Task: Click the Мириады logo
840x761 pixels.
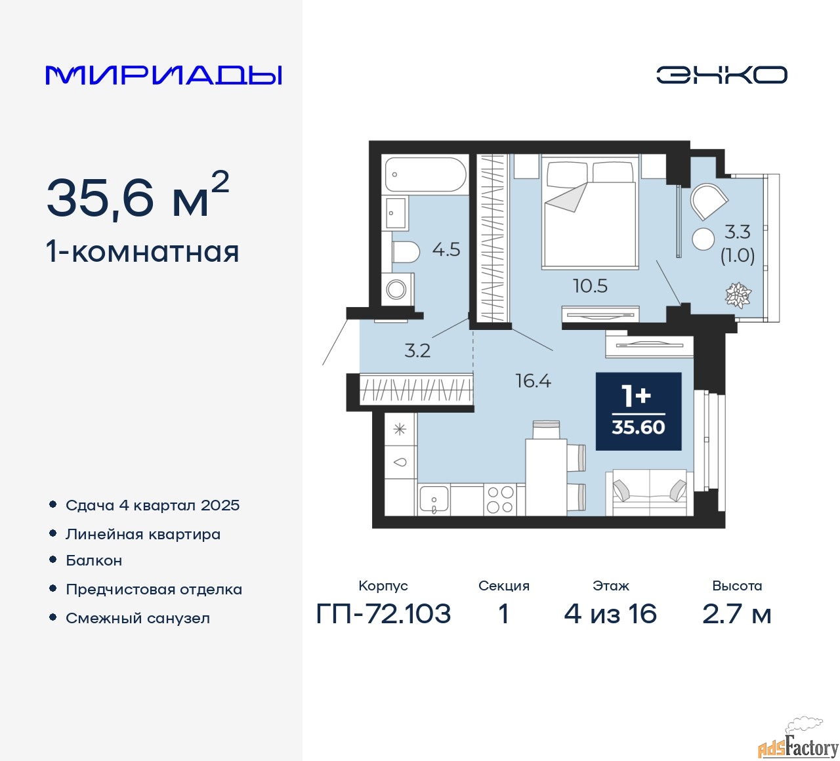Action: [x=164, y=75]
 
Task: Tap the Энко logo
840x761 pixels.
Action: [x=721, y=75]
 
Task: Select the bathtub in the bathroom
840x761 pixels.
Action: [x=425, y=175]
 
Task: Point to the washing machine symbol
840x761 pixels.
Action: [x=396, y=289]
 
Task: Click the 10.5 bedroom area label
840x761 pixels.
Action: [x=590, y=286]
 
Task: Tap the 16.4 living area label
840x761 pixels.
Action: [x=533, y=380]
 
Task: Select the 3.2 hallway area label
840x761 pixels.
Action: [x=417, y=350]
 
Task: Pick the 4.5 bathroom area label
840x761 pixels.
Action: [x=446, y=250]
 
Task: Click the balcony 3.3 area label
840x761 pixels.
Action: [x=738, y=232]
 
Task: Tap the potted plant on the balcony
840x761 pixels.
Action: [x=738, y=295]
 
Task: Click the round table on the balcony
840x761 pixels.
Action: [x=703, y=238]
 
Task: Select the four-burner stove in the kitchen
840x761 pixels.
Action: [x=499, y=500]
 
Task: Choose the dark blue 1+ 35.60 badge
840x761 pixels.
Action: [x=638, y=411]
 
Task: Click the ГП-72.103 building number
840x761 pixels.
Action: [x=383, y=614]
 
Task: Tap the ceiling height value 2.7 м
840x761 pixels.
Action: [x=737, y=614]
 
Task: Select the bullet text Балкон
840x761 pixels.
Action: [x=94, y=560]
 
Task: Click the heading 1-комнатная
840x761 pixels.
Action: [x=142, y=252]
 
